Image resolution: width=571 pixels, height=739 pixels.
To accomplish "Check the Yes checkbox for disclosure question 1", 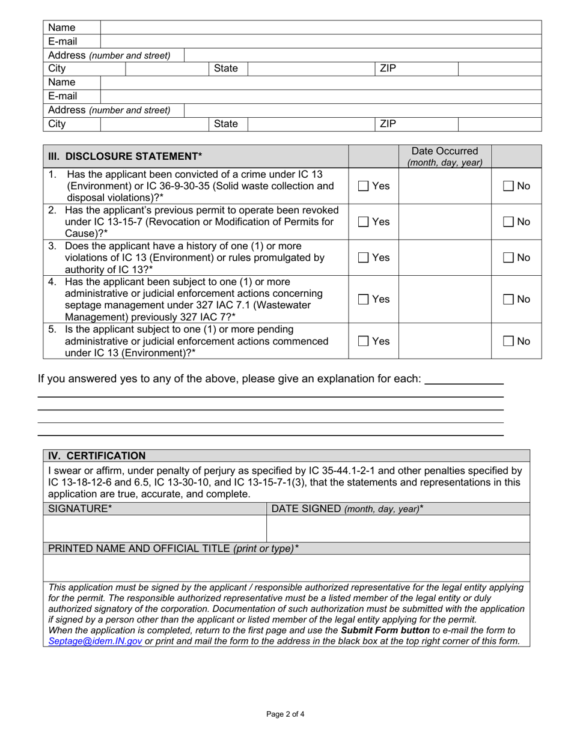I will click(363, 186).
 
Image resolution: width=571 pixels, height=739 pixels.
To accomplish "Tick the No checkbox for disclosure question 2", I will click(508, 222).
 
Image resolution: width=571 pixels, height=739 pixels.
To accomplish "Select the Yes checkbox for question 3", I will click(363, 258).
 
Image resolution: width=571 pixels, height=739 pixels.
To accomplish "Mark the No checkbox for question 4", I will click(508, 299).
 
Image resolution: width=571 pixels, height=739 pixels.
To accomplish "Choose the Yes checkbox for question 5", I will click(363, 341).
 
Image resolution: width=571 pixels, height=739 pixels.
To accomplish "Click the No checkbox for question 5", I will click(508, 341).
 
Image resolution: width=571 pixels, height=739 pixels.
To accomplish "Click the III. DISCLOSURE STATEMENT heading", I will click(125, 156).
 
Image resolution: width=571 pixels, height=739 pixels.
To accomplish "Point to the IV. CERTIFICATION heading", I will click(97, 456).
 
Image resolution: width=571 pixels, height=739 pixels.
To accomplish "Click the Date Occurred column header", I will click(445, 156).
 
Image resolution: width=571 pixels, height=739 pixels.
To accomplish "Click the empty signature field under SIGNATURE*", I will click(154, 529).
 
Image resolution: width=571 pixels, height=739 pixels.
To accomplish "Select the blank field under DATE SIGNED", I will click(397, 529).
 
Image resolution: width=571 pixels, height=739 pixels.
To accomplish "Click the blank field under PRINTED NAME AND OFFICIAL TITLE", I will click(286, 568).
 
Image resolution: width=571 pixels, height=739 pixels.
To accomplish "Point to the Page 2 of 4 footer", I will click(285, 714).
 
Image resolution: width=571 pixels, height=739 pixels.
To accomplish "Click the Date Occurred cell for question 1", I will click(445, 186).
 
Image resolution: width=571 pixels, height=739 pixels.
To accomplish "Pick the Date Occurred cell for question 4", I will click(445, 299).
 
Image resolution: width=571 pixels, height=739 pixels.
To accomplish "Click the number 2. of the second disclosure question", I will click(53, 210).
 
